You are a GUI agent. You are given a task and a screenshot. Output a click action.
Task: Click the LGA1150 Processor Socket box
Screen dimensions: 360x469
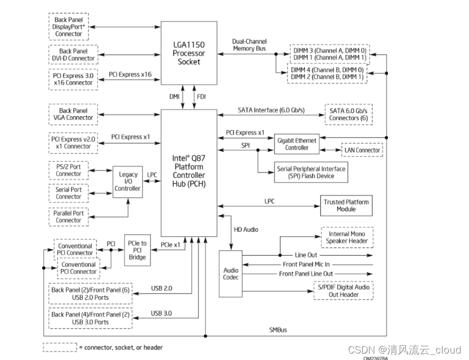(x=189, y=54)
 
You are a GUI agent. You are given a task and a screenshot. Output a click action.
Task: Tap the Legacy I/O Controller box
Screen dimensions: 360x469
(x=128, y=182)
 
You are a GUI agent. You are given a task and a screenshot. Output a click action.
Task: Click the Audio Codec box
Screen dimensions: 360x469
(x=231, y=274)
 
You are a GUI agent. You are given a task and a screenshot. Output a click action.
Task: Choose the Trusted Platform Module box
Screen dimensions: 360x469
(x=346, y=205)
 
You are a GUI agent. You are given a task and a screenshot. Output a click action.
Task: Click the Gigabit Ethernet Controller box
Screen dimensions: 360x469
(x=297, y=144)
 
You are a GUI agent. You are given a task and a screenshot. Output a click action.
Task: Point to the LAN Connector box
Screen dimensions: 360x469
(x=361, y=150)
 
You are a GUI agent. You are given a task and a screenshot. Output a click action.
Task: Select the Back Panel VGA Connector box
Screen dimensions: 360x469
(x=72, y=114)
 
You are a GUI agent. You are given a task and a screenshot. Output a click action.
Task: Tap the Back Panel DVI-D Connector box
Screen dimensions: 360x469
(x=72, y=55)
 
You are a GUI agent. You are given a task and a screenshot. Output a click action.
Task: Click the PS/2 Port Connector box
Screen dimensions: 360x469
(x=69, y=170)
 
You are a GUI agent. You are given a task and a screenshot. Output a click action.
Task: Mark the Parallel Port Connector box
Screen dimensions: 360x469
(x=69, y=216)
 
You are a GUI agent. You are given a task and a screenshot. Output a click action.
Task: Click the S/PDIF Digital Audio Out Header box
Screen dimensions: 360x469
(x=343, y=291)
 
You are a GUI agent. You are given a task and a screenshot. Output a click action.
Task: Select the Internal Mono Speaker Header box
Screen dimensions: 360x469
(x=348, y=237)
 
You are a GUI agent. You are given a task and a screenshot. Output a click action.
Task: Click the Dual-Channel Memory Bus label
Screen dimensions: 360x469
(x=249, y=45)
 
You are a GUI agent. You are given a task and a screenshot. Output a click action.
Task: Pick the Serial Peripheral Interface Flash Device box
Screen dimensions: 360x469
(x=311, y=172)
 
